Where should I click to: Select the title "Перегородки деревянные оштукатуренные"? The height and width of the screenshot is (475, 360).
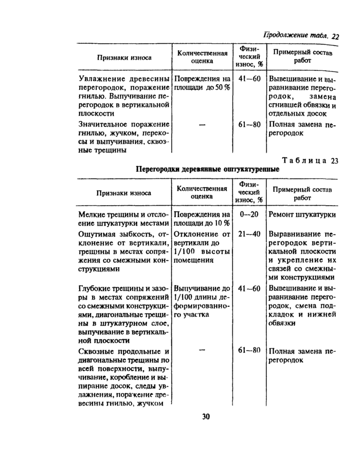click(x=208, y=169)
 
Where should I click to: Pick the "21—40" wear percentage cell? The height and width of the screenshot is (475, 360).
click(x=249, y=233)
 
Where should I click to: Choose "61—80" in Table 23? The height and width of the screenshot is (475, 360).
click(x=249, y=351)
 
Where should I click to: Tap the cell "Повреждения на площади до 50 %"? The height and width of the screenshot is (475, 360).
click(x=202, y=83)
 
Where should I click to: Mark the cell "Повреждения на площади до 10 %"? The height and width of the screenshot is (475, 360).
click(x=202, y=218)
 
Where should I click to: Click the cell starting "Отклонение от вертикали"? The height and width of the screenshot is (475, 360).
click(x=202, y=247)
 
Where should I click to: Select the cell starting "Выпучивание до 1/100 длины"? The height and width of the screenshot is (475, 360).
click(x=202, y=301)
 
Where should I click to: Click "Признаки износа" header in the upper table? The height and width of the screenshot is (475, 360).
click(x=124, y=58)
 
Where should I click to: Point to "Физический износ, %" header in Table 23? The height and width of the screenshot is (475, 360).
click(x=249, y=192)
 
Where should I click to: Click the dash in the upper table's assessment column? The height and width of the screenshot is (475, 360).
click(x=202, y=124)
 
